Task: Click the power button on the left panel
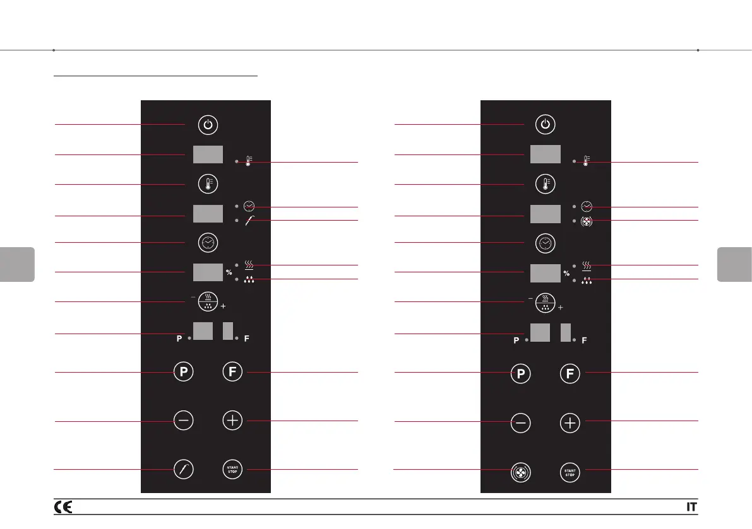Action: [x=208, y=125]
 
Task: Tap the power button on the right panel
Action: [x=546, y=125]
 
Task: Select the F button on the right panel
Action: [x=570, y=373]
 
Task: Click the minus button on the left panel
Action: [x=183, y=421]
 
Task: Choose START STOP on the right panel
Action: [x=570, y=470]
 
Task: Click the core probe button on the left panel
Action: [x=183, y=470]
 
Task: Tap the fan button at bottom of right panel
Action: [x=520, y=470]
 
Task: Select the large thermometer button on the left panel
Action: [x=208, y=184]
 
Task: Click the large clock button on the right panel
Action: [x=546, y=243]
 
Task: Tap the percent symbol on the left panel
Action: [x=229, y=273]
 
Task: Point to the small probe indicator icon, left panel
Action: [x=249, y=221]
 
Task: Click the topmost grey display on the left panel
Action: [x=208, y=154]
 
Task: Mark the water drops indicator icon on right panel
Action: [x=587, y=280]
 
